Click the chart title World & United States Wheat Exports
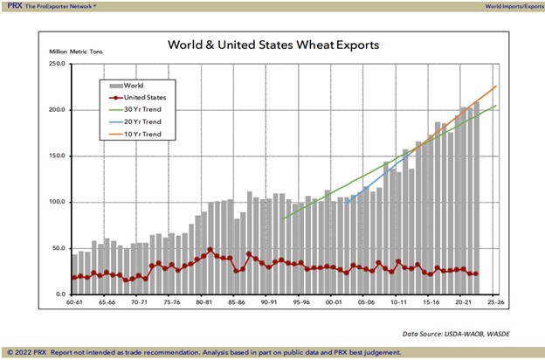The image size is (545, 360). (x=272, y=45)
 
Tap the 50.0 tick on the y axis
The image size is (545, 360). (x=57, y=248)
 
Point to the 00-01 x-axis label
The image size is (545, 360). (x=332, y=302)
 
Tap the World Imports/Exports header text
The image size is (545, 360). (x=512, y=5)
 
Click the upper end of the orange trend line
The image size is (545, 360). (x=496, y=86)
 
